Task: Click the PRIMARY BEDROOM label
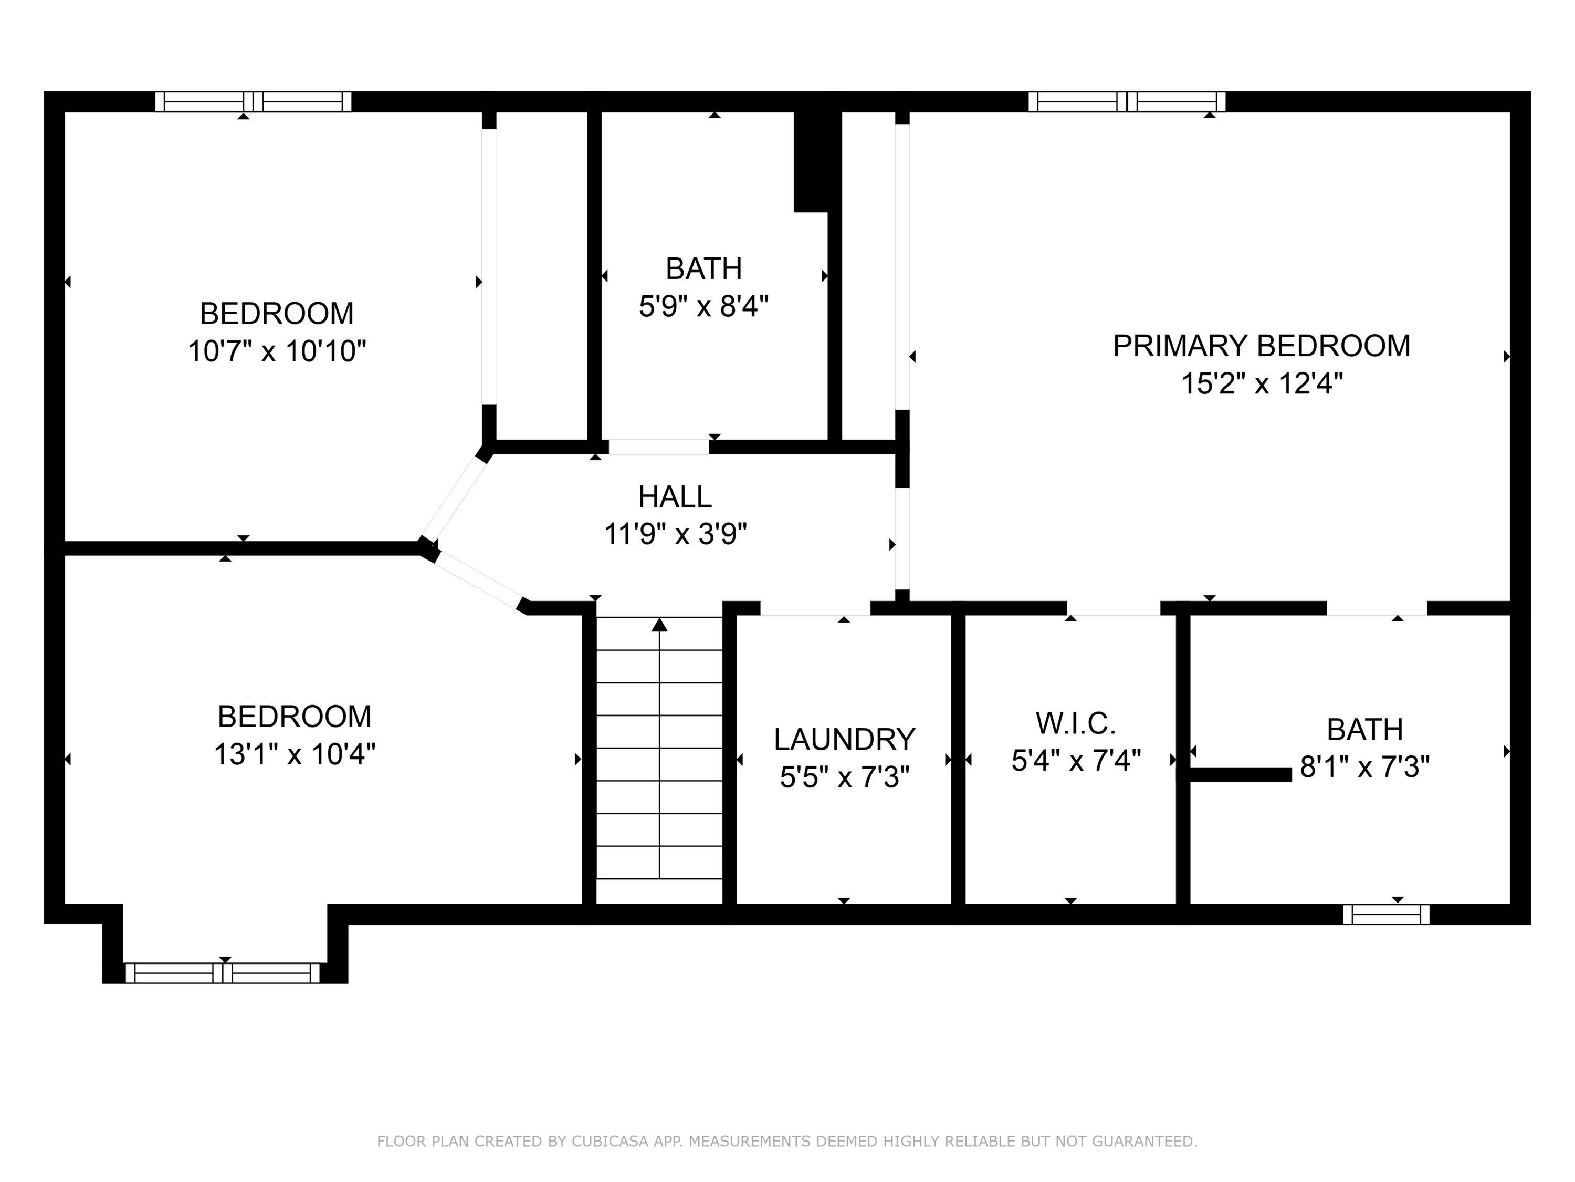1261,346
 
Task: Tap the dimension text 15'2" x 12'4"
1262,384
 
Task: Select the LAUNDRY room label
844,740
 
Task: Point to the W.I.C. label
1075,724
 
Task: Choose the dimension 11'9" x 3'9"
675,534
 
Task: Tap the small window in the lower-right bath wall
1385,914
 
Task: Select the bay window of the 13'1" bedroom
223,973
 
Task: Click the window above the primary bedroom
1127,102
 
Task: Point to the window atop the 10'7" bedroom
254,102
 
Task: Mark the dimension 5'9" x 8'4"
703,307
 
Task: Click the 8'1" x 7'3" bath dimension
1364,768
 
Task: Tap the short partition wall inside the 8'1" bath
1241,774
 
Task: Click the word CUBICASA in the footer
610,1142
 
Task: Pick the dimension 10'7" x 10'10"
277,351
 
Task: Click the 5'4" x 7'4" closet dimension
1076,761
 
